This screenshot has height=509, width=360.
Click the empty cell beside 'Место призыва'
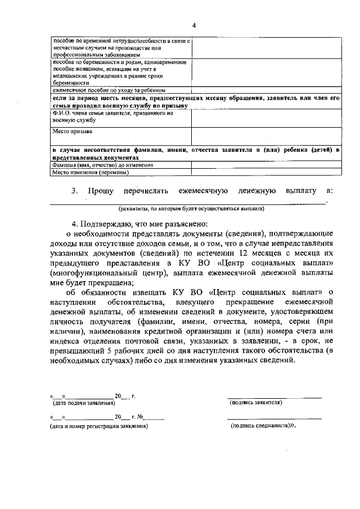tap(265, 136)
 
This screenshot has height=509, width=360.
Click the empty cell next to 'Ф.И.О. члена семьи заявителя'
tap(265, 118)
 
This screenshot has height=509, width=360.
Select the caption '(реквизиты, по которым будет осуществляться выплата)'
tap(187, 208)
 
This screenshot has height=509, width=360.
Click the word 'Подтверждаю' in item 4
tap(112, 223)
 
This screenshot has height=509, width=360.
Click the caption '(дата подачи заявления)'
tap(82, 403)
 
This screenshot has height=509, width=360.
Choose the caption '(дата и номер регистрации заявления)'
tap(99, 426)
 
